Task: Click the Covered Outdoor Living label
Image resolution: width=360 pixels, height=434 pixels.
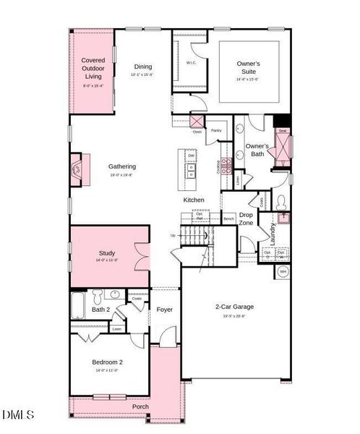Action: click(92, 68)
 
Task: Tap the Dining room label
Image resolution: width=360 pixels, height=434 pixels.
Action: click(142, 67)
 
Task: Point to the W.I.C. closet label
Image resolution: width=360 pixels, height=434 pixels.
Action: click(191, 63)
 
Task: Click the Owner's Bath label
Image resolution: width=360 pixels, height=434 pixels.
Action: click(257, 150)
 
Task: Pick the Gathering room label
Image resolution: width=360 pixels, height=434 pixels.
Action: click(122, 166)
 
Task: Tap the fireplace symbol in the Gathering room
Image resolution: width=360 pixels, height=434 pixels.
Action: click(77, 170)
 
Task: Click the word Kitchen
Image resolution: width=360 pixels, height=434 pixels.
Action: click(193, 200)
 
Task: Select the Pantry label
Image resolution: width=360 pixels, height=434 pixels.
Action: click(215, 131)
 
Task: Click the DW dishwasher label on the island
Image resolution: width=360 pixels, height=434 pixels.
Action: click(192, 156)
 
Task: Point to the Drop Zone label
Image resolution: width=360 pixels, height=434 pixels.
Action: click(246, 218)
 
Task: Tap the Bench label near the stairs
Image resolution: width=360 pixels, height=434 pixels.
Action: click(228, 218)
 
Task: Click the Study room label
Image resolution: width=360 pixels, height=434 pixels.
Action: click(107, 253)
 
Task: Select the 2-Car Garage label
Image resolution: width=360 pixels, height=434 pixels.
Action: click(234, 307)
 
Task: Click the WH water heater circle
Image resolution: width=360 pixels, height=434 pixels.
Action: click(283, 272)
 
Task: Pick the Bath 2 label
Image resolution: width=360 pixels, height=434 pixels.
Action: click(100, 310)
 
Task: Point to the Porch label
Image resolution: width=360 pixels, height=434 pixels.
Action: click(140, 407)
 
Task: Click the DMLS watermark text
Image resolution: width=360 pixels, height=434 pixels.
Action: click(18, 415)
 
